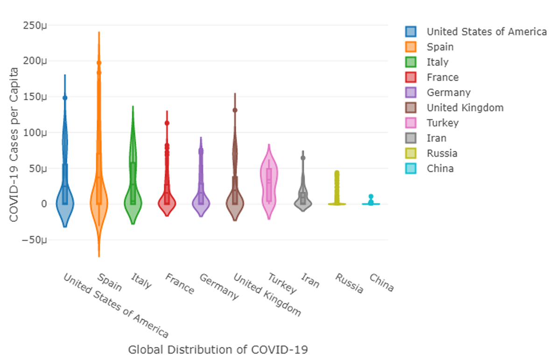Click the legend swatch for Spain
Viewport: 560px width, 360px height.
tap(411, 47)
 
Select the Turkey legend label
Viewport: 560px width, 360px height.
tap(442, 123)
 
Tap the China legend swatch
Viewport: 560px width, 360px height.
tap(411, 169)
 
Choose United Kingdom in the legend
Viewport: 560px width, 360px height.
tap(465, 108)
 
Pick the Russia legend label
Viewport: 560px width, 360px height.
tap(442, 153)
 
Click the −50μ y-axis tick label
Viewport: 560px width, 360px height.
tap(35, 240)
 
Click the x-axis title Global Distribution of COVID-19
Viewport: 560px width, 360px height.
tap(218, 349)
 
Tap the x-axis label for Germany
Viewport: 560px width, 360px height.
tap(219, 286)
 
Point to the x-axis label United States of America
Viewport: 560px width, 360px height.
tap(115, 305)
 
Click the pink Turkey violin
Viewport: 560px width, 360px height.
tap(269, 187)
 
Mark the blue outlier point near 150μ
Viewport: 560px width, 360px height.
tap(65, 98)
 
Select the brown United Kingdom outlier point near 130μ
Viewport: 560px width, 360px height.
tap(235, 110)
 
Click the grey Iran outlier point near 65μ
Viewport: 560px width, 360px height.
tap(303, 158)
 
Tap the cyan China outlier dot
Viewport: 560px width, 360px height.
tap(371, 197)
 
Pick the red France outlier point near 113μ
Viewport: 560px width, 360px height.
tap(167, 123)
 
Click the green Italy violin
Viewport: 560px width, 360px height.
tap(133, 187)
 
